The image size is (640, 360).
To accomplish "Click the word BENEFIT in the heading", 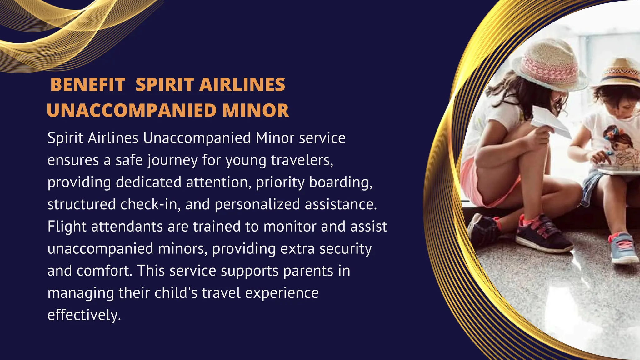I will pyautogui.click(x=88, y=85).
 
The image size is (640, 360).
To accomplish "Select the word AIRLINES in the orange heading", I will pyautogui.click(x=242, y=85).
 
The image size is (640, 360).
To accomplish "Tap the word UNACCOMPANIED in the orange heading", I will pyautogui.click(x=132, y=110).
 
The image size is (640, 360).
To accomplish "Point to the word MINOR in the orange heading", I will pyautogui.click(x=256, y=110).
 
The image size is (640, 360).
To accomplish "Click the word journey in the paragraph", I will pyautogui.click(x=172, y=161).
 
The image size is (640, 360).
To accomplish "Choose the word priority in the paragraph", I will pyautogui.click(x=280, y=183).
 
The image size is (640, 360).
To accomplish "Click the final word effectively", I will pyautogui.click(x=84, y=315).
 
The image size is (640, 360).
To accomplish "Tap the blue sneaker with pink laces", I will pyautogui.click(x=623, y=248).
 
